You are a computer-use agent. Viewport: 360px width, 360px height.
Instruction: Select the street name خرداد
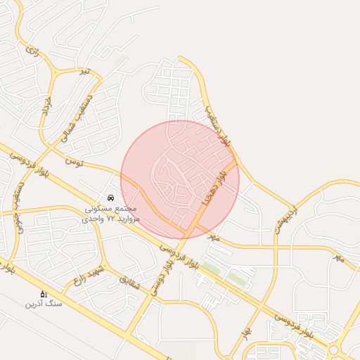pos(47,108)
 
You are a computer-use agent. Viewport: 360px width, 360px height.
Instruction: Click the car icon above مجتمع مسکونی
pos(111,198)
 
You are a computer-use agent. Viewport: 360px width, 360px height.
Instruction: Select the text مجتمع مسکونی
pos(112,209)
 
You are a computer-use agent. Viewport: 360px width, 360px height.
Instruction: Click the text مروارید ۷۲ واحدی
pos(112,219)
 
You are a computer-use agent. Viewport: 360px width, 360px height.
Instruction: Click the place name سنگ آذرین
pos(44,304)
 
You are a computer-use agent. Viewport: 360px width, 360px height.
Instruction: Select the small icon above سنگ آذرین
pos(44,294)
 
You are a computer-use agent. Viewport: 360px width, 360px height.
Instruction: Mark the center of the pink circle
pos(180,180)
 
